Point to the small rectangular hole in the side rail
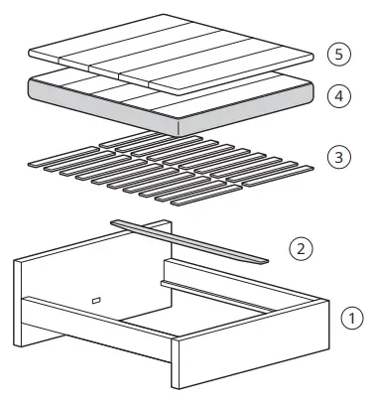[x=96, y=299]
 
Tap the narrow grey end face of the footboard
[x=175, y=367]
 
